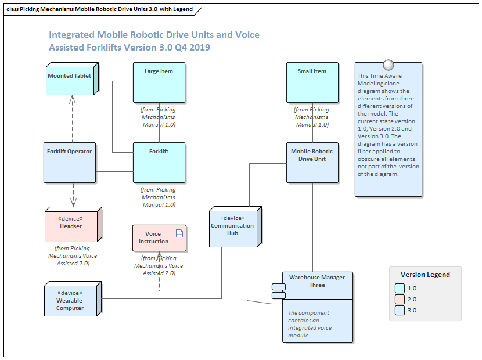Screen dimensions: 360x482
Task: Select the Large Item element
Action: click(x=159, y=82)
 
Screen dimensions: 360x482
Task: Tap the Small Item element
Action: click(x=312, y=82)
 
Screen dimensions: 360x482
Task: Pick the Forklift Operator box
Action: click(x=70, y=162)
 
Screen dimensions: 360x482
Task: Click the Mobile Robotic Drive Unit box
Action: click(x=312, y=162)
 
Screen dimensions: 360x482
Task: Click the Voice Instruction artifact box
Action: click(x=159, y=238)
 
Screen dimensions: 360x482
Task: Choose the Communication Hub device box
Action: click(x=232, y=228)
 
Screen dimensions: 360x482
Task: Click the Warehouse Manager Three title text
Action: click(x=316, y=281)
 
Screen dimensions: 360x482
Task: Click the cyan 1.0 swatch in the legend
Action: click(x=400, y=288)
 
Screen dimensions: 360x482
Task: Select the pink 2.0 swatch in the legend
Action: click(x=400, y=299)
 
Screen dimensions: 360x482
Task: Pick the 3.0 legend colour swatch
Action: click(x=400, y=310)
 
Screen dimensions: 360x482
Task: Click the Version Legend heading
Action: click(x=425, y=275)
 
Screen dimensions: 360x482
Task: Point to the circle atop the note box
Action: click(x=389, y=64)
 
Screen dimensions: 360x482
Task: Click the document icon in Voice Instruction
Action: click(x=179, y=233)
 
